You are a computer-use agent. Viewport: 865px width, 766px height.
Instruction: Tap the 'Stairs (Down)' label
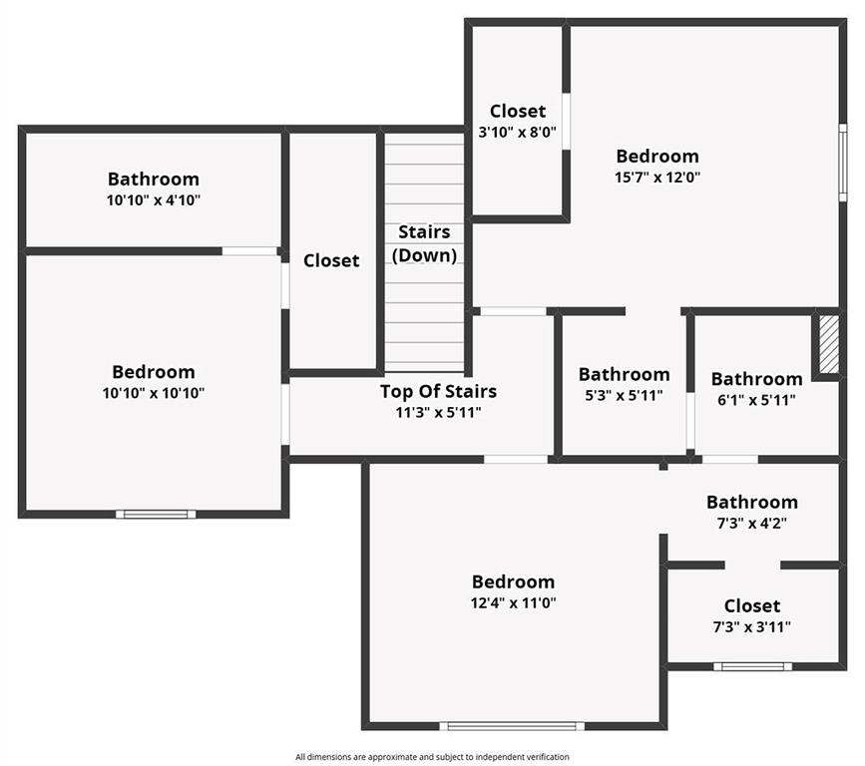pyautogui.click(x=424, y=243)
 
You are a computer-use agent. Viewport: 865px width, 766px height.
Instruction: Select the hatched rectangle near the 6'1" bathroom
pyautogui.click(x=828, y=344)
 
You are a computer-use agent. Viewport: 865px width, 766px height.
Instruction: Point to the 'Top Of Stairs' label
pyautogui.click(x=438, y=391)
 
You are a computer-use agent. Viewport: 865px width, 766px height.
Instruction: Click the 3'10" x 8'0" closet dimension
pyautogui.click(x=517, y=131)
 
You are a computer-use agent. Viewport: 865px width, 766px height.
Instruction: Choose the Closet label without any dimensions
pyautogui.click(x=331, y=260)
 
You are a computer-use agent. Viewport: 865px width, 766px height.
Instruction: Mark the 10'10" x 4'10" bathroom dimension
pyautogui.click(x=154, y=199)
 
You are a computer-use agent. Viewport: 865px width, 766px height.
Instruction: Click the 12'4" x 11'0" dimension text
pyautogui.click(x=513, y=602)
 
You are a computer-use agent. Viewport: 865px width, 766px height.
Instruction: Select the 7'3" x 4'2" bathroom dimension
pyautogui.click(x=752, y=522)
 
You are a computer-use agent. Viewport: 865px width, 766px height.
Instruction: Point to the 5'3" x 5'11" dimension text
pyautogui.click(x=625, y=395)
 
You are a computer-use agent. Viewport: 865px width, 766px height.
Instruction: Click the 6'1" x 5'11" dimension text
pyautogui.click(x=756, y=399)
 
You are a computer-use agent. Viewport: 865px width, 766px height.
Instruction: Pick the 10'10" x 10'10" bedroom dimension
pyautogui.click(x=154, y=393)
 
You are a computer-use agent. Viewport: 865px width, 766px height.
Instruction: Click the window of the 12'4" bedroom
pyautogui.click(x=513, y=725)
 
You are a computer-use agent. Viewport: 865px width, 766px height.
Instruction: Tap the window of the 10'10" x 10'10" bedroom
pyautogui.click(x=155, y=514)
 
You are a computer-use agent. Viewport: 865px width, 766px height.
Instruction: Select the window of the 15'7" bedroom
pyautogui.click(x=843, y=162)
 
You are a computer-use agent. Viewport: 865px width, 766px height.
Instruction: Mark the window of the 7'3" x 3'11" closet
pyautogui.click(x=752, y=665)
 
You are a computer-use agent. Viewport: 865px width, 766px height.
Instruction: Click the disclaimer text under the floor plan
pyautogui.click(x=432, y=757)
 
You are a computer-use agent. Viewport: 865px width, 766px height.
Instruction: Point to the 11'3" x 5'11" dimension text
pyautogui.click(x=438, y=411)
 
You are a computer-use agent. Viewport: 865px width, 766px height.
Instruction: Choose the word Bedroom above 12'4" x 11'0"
pyautogui.click(x=513, y=581)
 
